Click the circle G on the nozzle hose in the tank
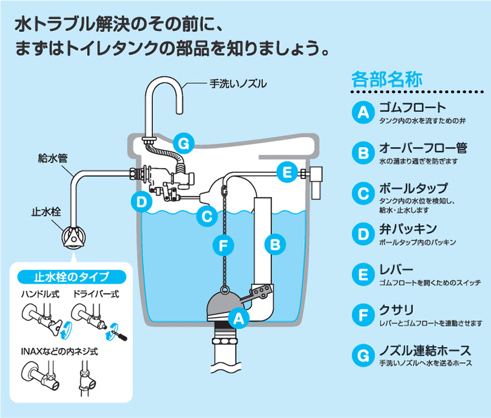click(182, 144)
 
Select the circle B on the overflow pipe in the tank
click(275, 245)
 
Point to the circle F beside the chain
click(223, 245)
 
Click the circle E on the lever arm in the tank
click(287, 170)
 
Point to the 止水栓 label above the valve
click(45, 213)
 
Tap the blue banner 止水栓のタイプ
click(71, 278)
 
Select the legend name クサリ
click(397, 311)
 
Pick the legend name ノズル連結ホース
click(425, 350)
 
